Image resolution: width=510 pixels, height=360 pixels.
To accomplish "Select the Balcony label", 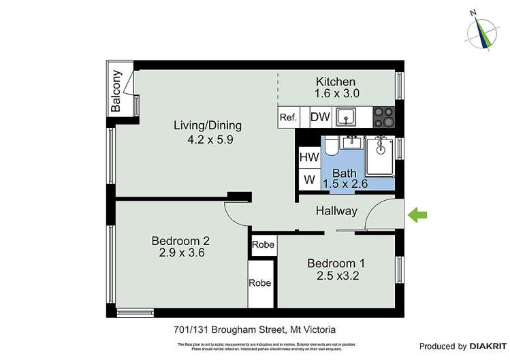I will click(x=116, y=91).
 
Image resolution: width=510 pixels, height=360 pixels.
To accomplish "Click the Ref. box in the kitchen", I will click(x=288, y=117).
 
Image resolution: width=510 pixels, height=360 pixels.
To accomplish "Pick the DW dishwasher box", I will click(x=320, y=117).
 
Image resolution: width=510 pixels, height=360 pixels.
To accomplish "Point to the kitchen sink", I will click(x=346, y=117).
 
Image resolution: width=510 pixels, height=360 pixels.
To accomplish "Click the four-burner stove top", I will click(x=384, y=117).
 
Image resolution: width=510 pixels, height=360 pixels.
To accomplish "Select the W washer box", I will click(x=308, y=180).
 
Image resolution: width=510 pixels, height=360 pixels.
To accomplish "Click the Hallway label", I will click(x=336, y=211).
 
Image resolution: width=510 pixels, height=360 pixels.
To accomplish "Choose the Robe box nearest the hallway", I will click(x=263, y=244).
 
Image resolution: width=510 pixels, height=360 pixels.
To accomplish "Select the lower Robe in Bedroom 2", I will click(x=259, y=283).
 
